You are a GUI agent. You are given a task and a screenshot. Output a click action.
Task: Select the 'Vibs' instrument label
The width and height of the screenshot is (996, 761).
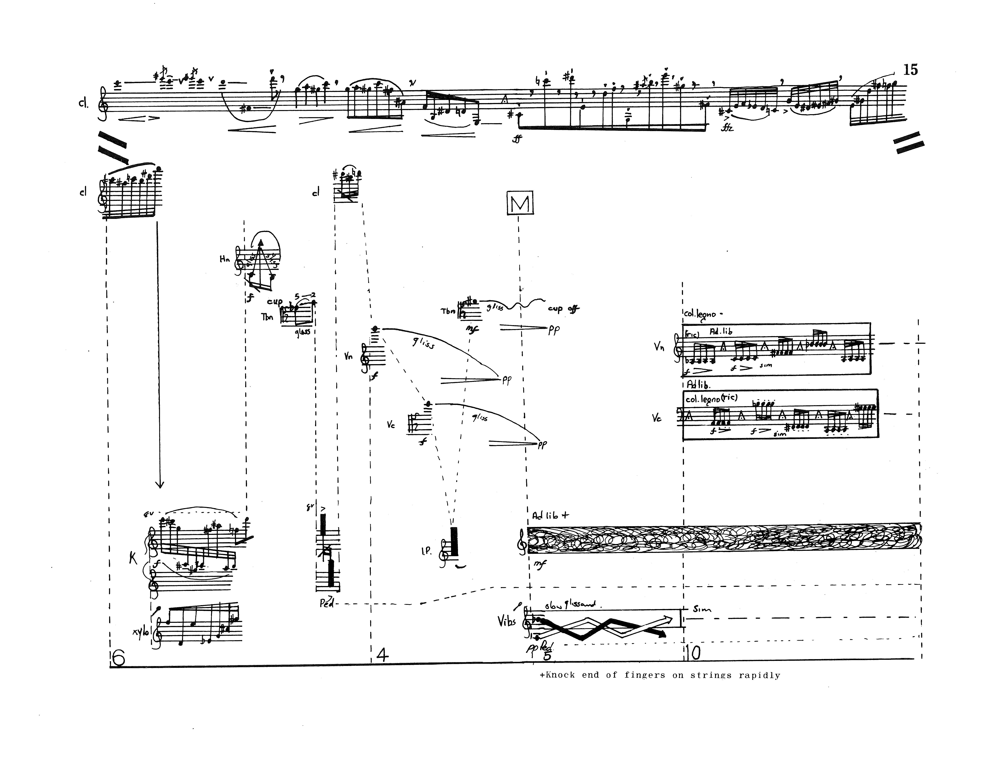click(506, 622)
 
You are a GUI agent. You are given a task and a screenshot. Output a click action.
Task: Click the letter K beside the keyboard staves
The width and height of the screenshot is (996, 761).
click(133, 559)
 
